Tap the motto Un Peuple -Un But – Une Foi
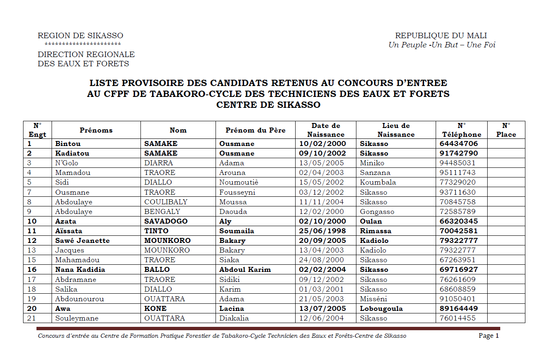(442, 45)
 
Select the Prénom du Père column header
(255, 130)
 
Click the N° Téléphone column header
(461, 130)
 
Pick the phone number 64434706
(459, 143)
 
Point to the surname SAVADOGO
(166, 221)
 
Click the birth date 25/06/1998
(326, 231)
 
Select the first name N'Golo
(67, 163)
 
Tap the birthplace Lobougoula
(381, 308)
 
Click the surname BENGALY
(162, 211)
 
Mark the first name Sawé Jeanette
(82, 240)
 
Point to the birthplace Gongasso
(377, 211)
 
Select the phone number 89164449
(459, 308)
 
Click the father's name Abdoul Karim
(245, 269)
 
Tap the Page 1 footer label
(488, 336)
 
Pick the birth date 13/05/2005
(322, 163)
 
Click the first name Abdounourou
(79, 299)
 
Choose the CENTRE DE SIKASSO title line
(268, 105)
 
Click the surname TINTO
(156, 231)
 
